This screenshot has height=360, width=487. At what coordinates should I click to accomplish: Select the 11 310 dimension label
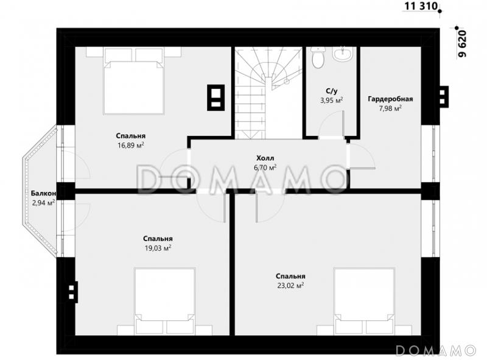click(x=421, y=6)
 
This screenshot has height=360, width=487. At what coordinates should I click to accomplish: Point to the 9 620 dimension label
click(x=463, y=43)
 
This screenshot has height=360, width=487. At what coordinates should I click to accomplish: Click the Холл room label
click(x=265, y=158)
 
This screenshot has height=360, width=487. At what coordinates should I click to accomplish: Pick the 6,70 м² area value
click(x=265, y=168)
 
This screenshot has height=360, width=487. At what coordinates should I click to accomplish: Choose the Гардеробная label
click(x=390, y=99)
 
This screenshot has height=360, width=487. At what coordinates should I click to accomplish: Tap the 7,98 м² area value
click(x=390, y=108)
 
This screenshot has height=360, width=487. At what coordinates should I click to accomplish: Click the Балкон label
click(x=43, y=193)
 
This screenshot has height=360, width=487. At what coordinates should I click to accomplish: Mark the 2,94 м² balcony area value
click(x=44, y=203)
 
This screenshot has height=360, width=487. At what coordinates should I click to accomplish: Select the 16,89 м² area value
click(x=131, y=145)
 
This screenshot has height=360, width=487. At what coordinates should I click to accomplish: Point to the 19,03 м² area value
click(x=158, y=248)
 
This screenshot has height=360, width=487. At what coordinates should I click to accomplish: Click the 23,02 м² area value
click(x=290, y=286)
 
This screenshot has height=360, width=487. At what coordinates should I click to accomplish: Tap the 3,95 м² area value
click(x=332, y=101)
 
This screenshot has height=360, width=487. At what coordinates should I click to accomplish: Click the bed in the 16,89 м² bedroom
click(x=134, y=81)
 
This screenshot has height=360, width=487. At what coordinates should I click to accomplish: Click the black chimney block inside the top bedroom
click(x=216, y=97)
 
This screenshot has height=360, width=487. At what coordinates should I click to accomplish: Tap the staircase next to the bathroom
click(x=268, y=93)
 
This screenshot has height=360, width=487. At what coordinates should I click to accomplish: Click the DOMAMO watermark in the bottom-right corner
click(x=436, y=350)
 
